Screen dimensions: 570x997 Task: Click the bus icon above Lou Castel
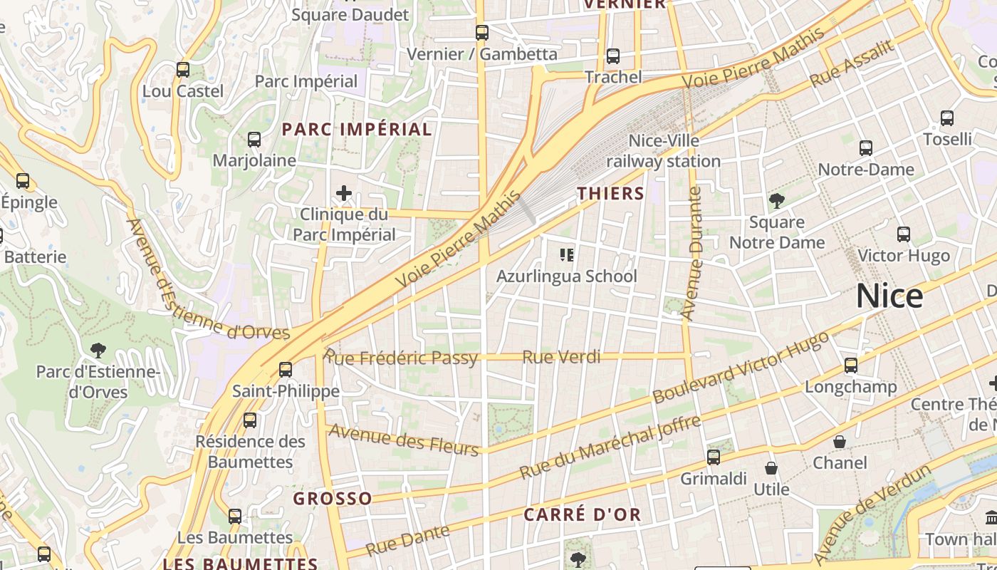(183, 70)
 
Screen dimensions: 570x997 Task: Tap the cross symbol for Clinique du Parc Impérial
(344, 193)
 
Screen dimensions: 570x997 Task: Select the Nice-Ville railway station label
(663, 151)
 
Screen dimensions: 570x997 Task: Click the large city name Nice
(889, 296)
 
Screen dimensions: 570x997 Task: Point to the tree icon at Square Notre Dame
(777, 202)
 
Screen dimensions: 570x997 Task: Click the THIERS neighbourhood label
(610, 193)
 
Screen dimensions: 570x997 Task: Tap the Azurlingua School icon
(567, 254)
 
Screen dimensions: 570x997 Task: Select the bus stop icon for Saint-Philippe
(286, 370)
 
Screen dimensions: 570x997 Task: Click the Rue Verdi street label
(561, 357)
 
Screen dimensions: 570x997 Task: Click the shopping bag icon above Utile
(771, 468)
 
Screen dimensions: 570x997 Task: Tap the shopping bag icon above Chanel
(840, 442)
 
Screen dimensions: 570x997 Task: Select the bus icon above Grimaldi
(714, 457)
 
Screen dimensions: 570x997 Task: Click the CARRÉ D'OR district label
(583, 514)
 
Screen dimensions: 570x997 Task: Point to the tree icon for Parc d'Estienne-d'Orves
(98, 350)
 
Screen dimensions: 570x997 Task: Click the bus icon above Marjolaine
(254, 140)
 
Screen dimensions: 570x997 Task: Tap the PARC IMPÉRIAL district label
(357, 129)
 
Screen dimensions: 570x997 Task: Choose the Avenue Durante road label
(691, 253)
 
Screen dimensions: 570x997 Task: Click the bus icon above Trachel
(613, 56)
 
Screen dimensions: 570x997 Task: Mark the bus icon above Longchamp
(851, 366)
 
